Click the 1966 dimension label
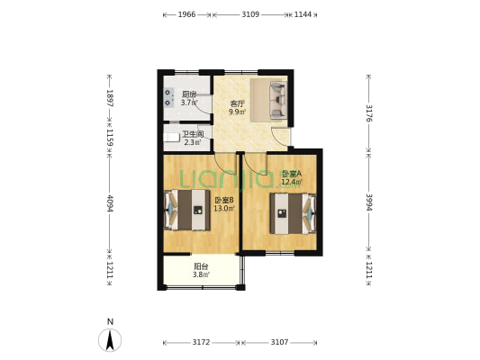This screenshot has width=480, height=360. (x=186, y=14)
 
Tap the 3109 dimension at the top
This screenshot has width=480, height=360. (x=250, y=14)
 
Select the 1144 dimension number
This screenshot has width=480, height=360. (x=303, y=14)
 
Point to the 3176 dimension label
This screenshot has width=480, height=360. (x=369, y=113)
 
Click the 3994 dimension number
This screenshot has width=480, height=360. (x=369, y=202)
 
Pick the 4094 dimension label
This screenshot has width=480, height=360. (x=110, y=203)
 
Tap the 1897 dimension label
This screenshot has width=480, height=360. (x=110, y=98)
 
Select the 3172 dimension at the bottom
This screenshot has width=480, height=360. (x=201, y=342)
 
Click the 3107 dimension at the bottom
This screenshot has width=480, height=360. (x=279, y=342)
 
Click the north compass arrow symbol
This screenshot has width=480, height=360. (x=110, y=340)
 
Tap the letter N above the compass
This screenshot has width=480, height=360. (x=110, y=322)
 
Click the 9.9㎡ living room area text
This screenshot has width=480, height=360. (x=237, y=112)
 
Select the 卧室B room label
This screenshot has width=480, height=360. (x=224, y=201)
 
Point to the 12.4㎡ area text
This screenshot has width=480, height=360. (x=292, y=183)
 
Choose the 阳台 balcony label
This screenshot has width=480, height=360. (x=201, y=266)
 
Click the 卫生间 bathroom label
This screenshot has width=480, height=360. (x=193, y=134)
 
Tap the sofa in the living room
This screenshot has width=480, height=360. (x=277, y=100)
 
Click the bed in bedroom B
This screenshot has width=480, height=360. (x=187, y=210)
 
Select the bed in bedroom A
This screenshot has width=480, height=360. (x=293, y=213)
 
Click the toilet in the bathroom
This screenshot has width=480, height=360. (x=171, y=138)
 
